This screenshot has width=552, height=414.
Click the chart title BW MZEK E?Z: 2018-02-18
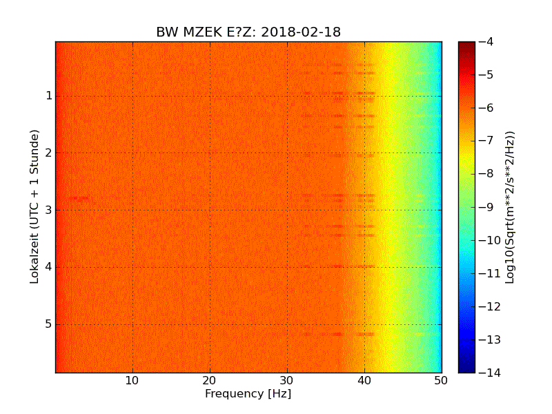click(x=248, y=32)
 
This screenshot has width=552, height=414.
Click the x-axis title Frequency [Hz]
click(x=248, y=394)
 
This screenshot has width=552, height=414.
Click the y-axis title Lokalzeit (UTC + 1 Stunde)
click(x=34, y=206)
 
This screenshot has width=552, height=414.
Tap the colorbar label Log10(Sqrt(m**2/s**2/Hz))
click(x=511, y=207)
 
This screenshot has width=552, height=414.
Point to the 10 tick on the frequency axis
click(x=132, y=380)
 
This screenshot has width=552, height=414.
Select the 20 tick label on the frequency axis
click(x=210, y=380)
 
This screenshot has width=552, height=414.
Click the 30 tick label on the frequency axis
click(x=287, y=380)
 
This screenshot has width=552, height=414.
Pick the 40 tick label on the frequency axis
click(x=364, y=380)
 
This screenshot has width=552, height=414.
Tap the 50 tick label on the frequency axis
click(x=441, y=380)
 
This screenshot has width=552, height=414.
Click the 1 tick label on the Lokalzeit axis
click(x=48, y=96)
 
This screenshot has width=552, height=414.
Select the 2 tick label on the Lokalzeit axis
click(x=48, y=153)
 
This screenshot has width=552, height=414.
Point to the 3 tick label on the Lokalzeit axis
click(x=48, y=210)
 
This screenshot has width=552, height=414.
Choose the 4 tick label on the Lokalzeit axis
click(x=48, y=267)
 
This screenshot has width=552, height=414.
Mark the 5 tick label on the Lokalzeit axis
click(x=48, y=324)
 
